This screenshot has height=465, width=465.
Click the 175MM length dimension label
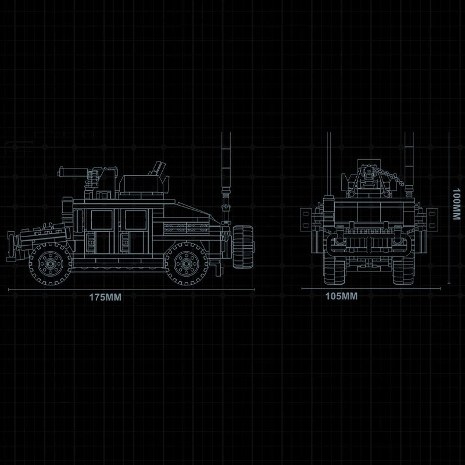[x=105, y=297]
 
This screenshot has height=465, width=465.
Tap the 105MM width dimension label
[x=341, y=296]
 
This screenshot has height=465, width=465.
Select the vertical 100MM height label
[x=456, y=204]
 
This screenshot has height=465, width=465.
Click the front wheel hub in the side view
[x=50, y=263]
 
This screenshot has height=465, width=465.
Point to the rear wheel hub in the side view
[x=186, y=263]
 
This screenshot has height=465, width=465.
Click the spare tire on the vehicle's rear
[x=243, y=246]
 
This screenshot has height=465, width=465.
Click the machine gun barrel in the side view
[x=72, y=171]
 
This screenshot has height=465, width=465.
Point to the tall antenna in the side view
[x=226, y=177]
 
